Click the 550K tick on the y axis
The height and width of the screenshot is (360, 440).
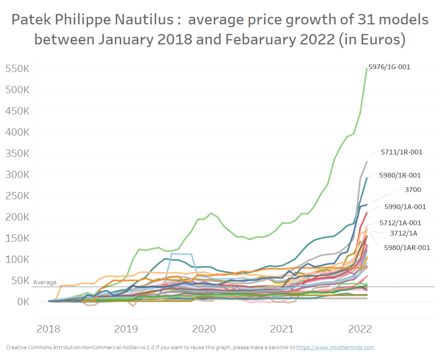pyautogui.click(x=17, y=69)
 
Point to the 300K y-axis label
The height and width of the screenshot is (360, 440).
pyautogui.click(x=17, y=175)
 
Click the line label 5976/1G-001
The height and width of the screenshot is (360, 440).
pyautogui.click(x=390, y=67)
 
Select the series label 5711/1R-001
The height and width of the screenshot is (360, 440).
pyautogui.click(x=401, y=152)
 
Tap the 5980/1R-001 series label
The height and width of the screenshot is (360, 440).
pyautogui.click(x=400, y=175)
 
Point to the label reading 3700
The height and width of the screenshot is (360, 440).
pyautogui.click(x=412, y=189)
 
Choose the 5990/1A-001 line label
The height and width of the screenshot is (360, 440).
pyautogui.click(x=405, y=207)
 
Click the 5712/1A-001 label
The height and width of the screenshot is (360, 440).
pyautogui.click(x=400, y=223)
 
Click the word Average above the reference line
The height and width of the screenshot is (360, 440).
pyautogui.click(x=45, y=282)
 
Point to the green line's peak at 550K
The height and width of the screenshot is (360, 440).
pyautogui.click(x=366, y=68)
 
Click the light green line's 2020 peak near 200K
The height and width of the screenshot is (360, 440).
pyautogui.click(x=211, y=213)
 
